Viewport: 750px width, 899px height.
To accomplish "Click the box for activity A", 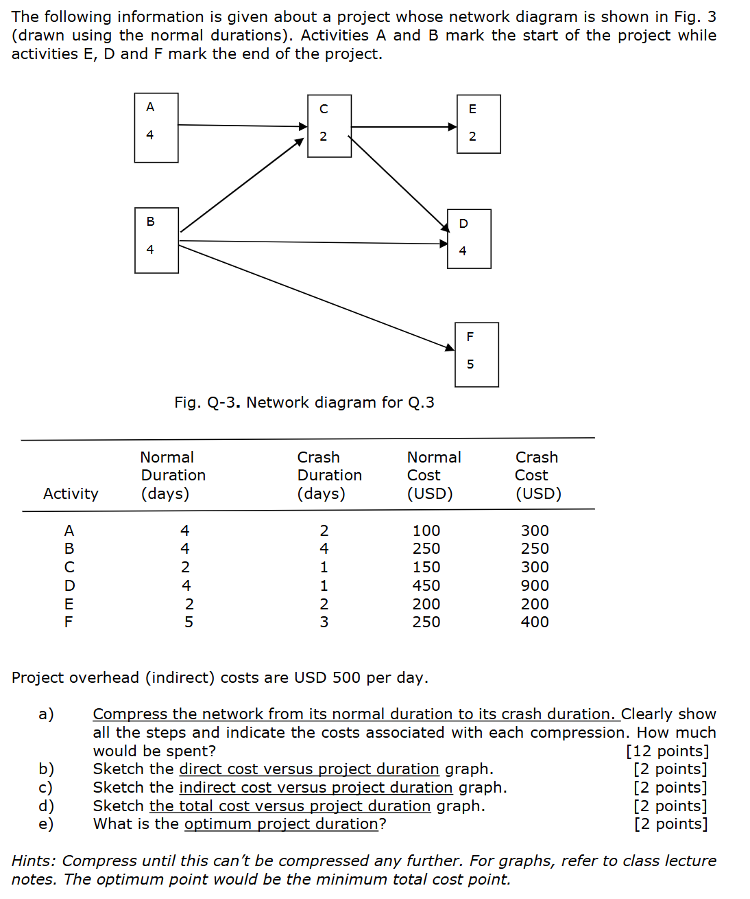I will click(x=156, y=128).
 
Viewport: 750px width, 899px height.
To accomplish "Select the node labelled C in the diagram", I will click(x=329, y=126).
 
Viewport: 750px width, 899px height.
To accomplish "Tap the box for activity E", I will click(x=479, y=124).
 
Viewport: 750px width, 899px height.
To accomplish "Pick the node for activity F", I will click(x=476, y=355).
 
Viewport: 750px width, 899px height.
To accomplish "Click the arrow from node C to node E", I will click(x=403, y=126).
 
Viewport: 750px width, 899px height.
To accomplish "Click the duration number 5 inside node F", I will click(x=470, y=364).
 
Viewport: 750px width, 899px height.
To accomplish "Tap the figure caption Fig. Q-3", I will click(x=304, y=402).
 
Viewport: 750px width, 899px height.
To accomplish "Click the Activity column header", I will click(x=71, y=493).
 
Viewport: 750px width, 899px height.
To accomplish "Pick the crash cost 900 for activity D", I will click(x=535, y=585).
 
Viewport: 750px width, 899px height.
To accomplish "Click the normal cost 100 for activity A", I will click(x=426, y=530).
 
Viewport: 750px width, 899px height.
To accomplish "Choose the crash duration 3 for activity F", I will click(x=324, y=622).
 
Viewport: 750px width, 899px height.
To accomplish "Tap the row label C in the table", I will click(x=69, y=567).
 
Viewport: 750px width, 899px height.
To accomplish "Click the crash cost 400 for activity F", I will click(x=535, y=622).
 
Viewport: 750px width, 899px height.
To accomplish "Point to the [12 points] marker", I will click(x=667, y=751).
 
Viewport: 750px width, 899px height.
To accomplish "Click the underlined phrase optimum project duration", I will click(x=281, y=824).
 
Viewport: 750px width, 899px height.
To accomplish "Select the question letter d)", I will click(x=46, y=806).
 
